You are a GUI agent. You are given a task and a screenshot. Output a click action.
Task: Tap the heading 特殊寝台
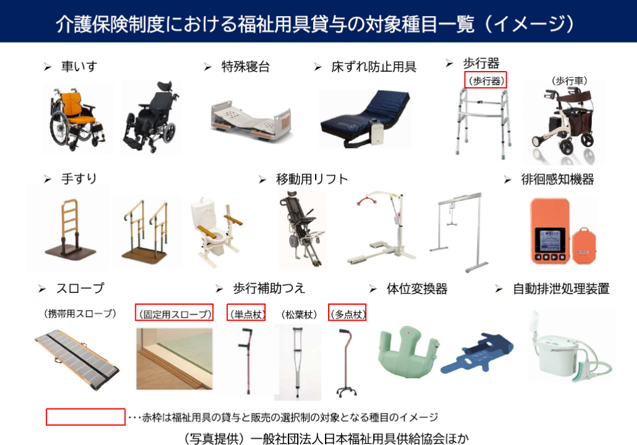[245, 67]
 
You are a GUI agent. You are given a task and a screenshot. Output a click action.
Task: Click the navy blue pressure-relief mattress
[365, 119]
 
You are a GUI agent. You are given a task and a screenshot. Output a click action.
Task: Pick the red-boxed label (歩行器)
[486, 80]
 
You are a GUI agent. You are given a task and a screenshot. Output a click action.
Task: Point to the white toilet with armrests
[215, 232]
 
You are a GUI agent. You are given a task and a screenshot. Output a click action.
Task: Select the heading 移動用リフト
[311, 179]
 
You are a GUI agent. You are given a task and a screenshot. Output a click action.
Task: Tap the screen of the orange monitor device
[550, 240]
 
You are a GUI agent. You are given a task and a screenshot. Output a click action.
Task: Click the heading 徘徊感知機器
[557, 179]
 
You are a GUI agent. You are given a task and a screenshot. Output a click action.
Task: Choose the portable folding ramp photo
[77, 359]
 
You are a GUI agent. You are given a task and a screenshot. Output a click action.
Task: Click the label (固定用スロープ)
[174, 314]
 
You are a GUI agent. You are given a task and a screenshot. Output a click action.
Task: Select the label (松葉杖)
[298, 314]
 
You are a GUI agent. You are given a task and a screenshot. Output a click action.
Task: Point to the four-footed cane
[346, 362]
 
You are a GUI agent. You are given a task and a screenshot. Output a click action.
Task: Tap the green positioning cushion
[407, 351]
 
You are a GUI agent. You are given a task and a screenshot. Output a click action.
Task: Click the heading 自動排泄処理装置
[561, 289]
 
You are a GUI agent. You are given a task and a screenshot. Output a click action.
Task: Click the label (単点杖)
[246, 314]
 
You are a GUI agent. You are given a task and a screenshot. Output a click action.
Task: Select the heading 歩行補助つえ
[269, 288]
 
